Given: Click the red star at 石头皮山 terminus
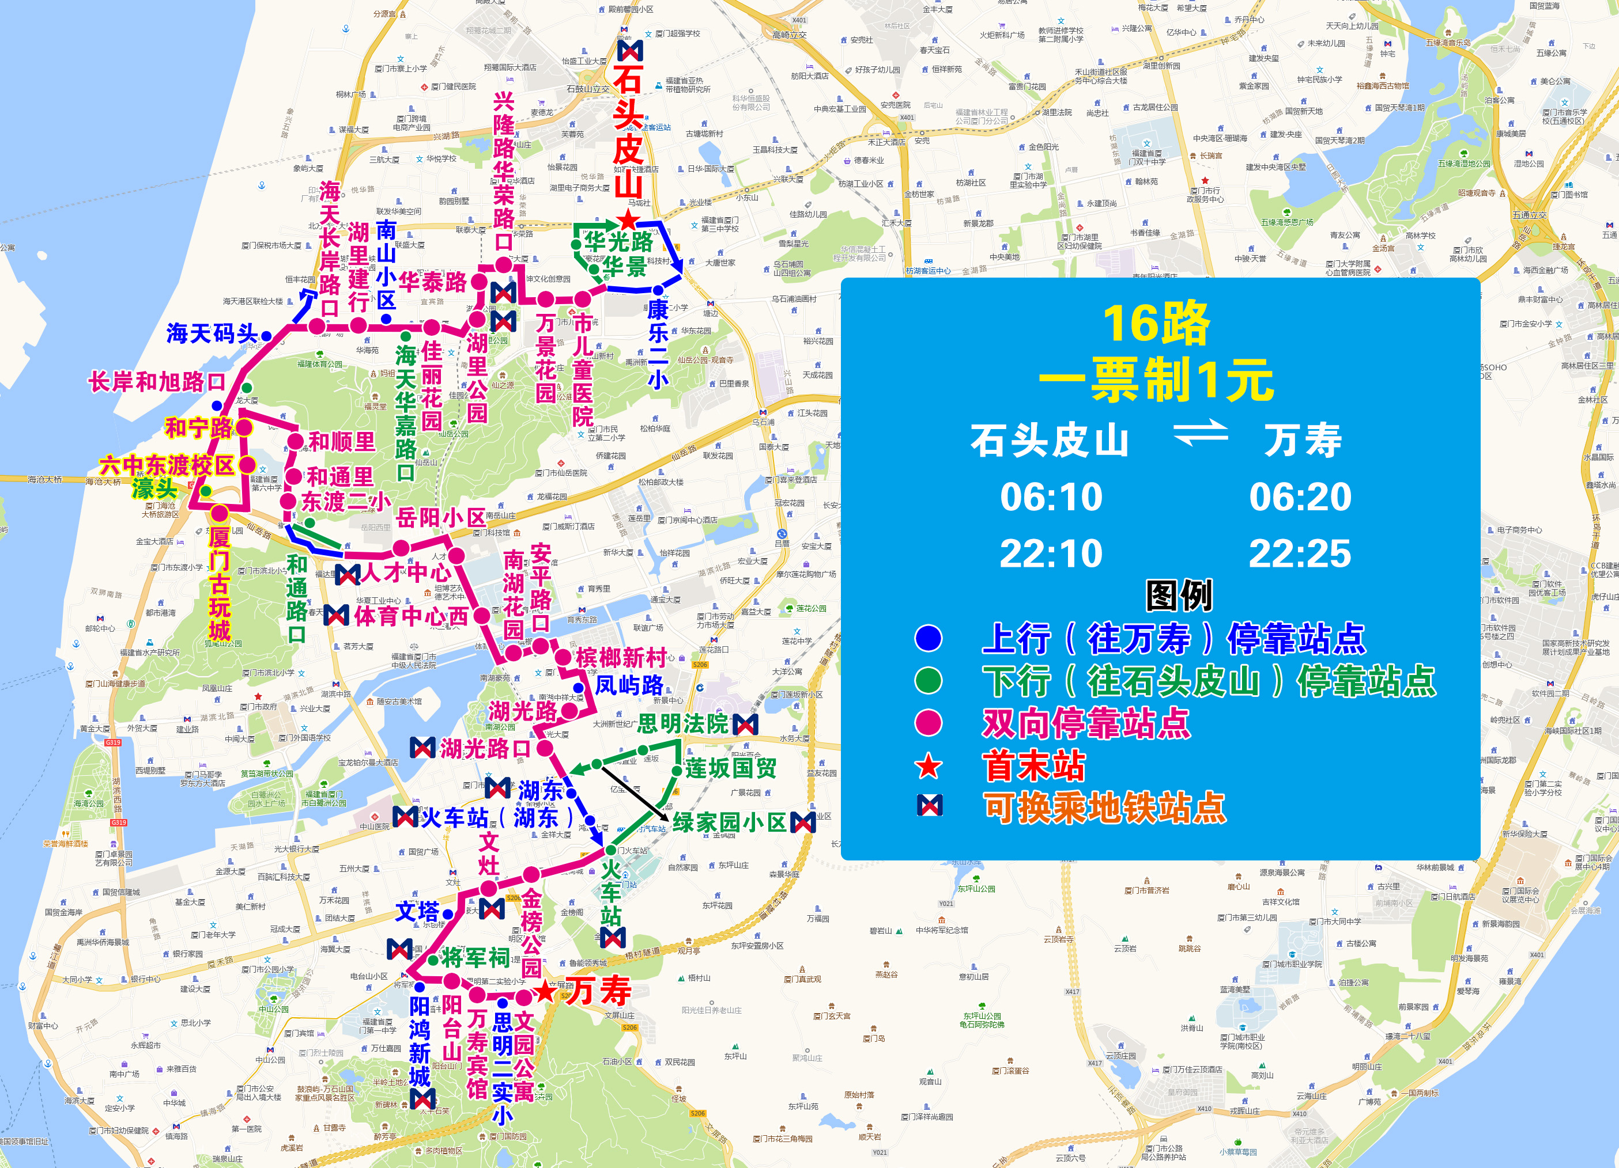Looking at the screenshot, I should (628, 220).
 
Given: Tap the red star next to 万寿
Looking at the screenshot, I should (545, 991).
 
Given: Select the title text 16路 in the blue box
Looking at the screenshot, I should (1156, 325).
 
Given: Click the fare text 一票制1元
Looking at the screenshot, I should (1156, 380).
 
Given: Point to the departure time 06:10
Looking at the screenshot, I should (1051, 496).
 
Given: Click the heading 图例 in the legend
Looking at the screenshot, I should (1179, 596).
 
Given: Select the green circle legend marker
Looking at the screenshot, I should (928, 680).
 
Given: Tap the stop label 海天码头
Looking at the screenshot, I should (212, 333).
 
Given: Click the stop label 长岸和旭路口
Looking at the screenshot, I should (157, 382).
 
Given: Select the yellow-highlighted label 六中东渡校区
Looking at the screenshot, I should (167, 465).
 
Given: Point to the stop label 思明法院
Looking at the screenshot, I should (682, 723).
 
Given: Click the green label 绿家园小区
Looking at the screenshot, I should (728, 822).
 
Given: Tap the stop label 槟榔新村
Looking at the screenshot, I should (621, 657).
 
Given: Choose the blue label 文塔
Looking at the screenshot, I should (418, 911).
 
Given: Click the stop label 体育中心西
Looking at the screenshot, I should (411, 616).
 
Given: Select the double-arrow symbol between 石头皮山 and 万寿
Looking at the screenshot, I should (1201, 433).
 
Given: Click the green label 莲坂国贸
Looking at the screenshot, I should (731, 768).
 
